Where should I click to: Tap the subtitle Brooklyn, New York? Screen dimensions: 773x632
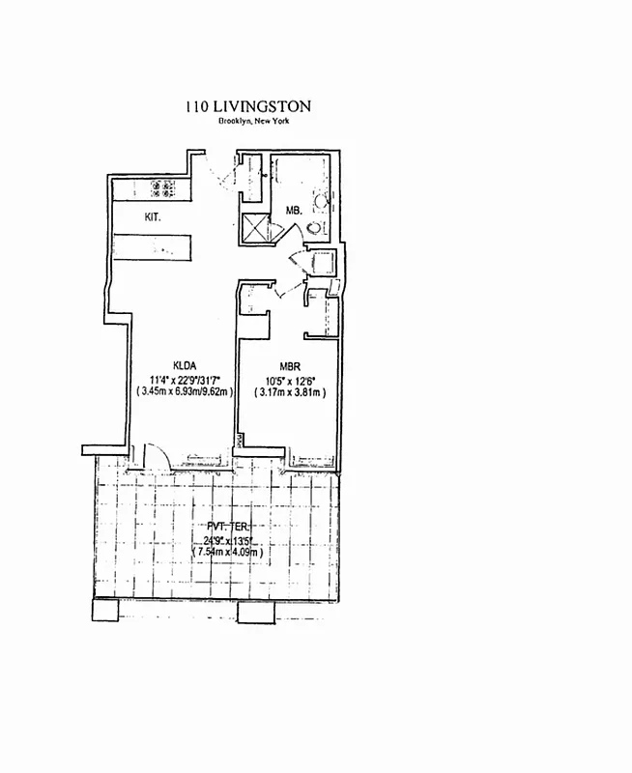[254, 121]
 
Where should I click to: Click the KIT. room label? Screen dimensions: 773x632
[153, 217]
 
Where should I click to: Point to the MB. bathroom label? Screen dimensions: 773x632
[294, 210]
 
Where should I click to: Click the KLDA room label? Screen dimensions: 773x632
[185, 364]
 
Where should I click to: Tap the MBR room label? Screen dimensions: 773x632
[289, 365]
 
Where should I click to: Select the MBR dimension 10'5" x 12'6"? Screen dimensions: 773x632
[289, 379]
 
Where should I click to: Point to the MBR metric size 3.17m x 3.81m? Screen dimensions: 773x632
[289, 392]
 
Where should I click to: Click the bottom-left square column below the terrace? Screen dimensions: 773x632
[104, 610]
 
